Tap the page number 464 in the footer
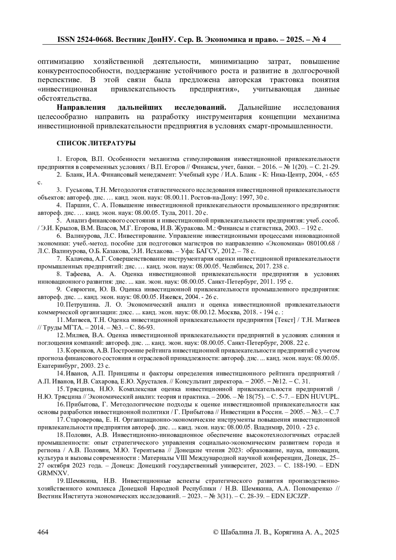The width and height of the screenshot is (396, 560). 43,532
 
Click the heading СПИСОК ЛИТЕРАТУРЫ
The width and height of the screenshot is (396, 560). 96,143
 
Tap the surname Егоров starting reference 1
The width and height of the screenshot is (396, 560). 76,159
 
